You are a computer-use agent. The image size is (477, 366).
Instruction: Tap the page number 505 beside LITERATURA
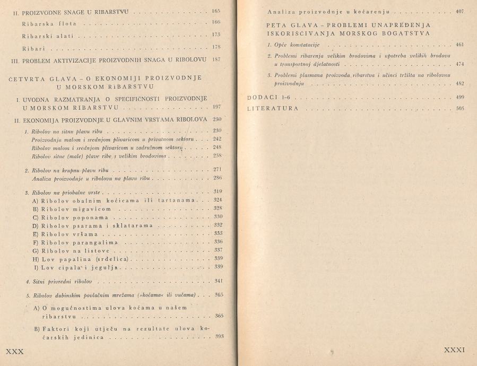(x=459, y=108)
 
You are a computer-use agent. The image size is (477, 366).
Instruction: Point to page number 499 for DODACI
(x=459, y=98)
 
